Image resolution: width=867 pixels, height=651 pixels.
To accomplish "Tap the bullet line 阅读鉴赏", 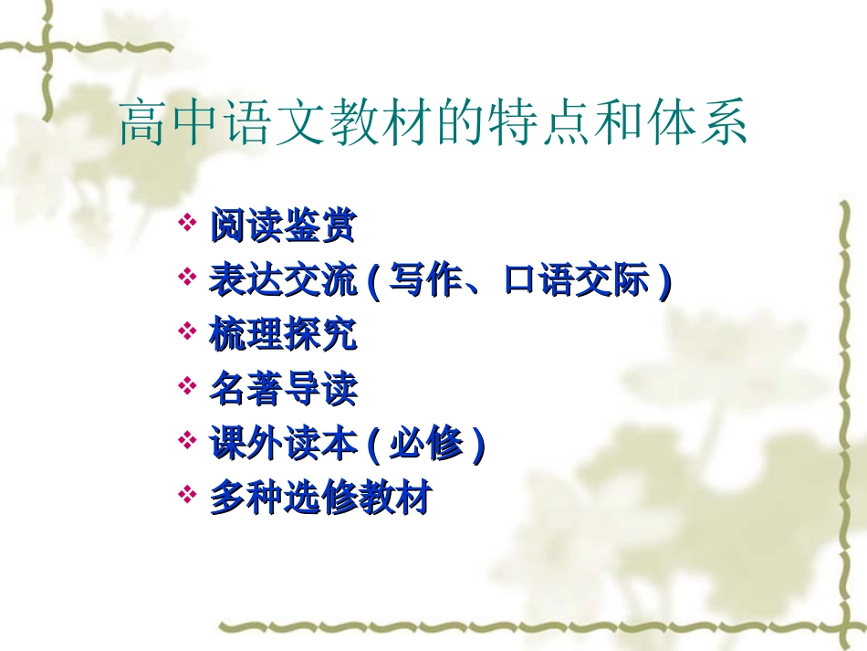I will (282, 226).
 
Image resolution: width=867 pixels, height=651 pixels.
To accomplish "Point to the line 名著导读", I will (283, 390).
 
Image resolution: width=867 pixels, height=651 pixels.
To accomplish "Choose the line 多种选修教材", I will (319, 499).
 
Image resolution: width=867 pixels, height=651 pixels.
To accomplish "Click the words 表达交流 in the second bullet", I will (283, 281).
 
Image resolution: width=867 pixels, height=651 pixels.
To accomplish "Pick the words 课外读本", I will (283, 445).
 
